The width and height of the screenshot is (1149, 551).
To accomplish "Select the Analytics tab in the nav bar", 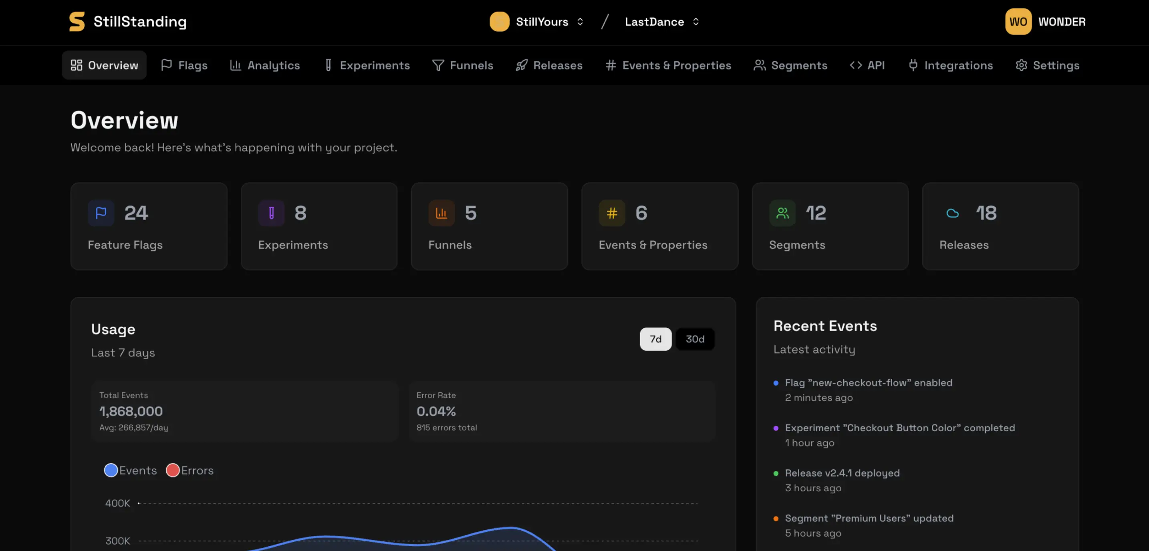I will pos(264,65).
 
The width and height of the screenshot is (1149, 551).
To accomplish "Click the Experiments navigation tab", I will pos(367,65).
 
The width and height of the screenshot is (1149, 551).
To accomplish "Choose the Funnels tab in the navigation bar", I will pos(463,65).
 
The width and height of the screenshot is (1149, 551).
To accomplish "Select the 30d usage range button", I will pos(694,339).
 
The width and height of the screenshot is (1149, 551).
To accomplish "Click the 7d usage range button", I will pos(655,339).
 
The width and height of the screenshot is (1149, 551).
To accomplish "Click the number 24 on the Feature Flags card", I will pos(136,213).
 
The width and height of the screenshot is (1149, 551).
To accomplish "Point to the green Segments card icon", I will pos(782,213).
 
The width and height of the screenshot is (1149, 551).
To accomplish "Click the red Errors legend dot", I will pos(173,470).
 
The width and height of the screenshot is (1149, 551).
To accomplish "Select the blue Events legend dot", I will pos(111,470).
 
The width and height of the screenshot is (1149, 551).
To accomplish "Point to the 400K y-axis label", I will pos(117,503).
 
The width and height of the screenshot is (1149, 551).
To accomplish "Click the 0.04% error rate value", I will pos(436,411).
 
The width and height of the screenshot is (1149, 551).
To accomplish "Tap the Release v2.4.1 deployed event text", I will pos(842,473).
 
